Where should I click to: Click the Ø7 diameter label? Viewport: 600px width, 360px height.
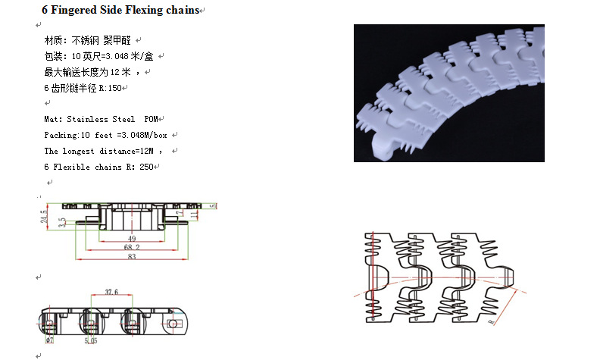49,341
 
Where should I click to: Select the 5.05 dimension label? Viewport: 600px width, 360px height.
91,342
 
